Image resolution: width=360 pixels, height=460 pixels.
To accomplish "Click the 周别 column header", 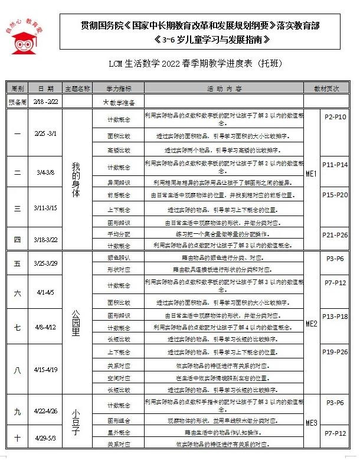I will click(x=17, y=89).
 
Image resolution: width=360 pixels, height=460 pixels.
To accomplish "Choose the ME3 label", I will click(x=312, y=423).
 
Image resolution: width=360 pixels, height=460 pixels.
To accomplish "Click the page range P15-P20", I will click(x=336, y=194).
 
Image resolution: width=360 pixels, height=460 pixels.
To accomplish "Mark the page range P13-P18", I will click(x=336, y=317).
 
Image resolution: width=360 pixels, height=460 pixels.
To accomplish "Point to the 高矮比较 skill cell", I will click(x=118, y=150).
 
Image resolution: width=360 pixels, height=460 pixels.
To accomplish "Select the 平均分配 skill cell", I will click(x=118, y=234).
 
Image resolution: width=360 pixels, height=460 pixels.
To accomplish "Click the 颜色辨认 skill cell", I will click(x=118, y=258).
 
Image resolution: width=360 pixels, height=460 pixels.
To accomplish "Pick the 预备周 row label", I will click(x=17, y=102).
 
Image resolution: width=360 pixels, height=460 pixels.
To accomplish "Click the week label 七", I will click(x=17, y=327).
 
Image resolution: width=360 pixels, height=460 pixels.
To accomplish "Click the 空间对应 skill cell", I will click(x=118, y=377).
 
